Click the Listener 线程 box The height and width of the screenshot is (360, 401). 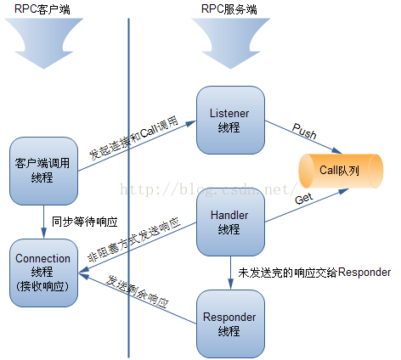pyautogui.click(x=230, y=121)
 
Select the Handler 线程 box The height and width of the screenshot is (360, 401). pyautogui.click(x=230, y=222)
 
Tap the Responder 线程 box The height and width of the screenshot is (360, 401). pyautogui.click(x=230, y=324)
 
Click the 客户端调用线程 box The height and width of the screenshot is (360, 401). pyautogui.click(x=43, y=172)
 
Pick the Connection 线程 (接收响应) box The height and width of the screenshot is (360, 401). pyautogui.click(x=43, y=273)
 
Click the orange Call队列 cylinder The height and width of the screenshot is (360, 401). pyautogui.click(x=341, y=172)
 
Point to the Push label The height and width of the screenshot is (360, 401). pyautogui.click(x=304, y=131)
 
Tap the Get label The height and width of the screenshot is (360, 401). pyautogui.click(x=303, y=199)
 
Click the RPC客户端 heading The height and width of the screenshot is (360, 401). pyautogui.click(x=42, y=9)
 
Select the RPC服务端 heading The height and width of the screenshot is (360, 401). pyautogui.click(x=229, y=9)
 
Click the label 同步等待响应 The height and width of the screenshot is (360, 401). pyautogui.click(x=84, y=222)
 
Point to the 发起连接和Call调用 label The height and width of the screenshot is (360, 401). pyautogui.click(x=133, y=138)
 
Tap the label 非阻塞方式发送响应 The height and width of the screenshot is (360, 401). pyautogui.click(x=134, y=239)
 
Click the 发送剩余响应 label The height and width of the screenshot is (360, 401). pyautogui.click(x=137, y=291)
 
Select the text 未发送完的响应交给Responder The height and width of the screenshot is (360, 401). pyautogui.click(x=314, y=273)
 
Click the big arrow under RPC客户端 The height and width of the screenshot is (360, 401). pyautogui.click(x=43, y=43)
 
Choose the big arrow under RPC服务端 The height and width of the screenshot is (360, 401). pyautogui.click(x=230, y=43)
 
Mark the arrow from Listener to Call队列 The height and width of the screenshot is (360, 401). pyautogui.click(x=303, y=137)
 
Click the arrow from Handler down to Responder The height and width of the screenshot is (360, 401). pyautogui.click(x=230, y=273)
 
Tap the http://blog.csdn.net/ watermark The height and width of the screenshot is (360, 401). pyautogui.click(x=209, y=189)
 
